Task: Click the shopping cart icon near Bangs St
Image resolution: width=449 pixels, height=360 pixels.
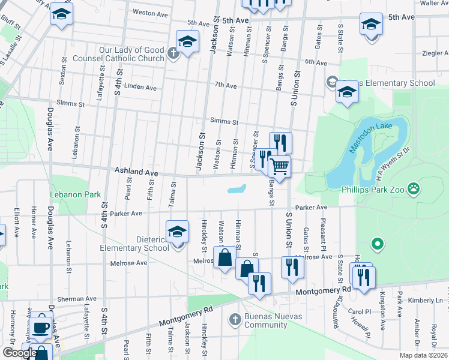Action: [x=279, y=166]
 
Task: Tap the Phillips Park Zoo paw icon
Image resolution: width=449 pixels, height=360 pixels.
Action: [x=414, y=189]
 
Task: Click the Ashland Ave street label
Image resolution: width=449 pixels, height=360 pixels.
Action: [x=136, y=172]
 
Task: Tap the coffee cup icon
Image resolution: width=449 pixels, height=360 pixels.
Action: [x=41, y=327]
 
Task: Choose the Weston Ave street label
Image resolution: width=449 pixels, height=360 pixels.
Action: [x=149, y=12]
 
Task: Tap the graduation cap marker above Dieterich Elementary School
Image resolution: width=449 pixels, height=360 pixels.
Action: [x=177, y=232]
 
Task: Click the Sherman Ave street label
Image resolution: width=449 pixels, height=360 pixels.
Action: [x=77, y=299]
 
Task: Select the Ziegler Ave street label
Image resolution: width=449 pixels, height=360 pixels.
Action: [x=432, y=53]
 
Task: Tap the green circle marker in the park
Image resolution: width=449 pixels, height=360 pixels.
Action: [x=377, y=244]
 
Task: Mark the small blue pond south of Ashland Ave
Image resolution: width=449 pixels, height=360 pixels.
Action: [x=238, y=190]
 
